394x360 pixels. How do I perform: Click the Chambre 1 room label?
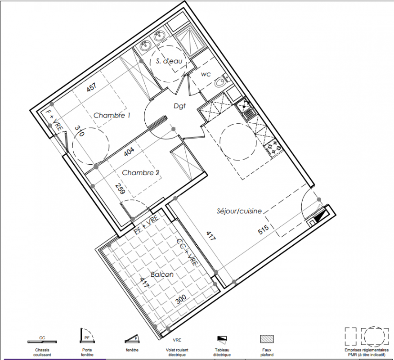point(112,115)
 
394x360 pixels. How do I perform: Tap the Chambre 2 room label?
point(140,173)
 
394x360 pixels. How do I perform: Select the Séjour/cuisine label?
point(239,211)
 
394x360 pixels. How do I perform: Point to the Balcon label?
point(162,274)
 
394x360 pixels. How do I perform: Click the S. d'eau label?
point(169,61)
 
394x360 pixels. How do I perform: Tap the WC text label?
point(206,74)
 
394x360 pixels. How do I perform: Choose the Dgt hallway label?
point(179,106)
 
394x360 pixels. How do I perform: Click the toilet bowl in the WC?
point(221,81)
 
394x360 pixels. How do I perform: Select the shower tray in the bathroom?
point(190,41)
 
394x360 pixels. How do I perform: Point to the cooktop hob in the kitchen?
point(273,148)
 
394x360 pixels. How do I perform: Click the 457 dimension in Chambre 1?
point(91,87)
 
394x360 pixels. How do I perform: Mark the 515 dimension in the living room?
point(263,229)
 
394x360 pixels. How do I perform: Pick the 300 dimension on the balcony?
point(181,299)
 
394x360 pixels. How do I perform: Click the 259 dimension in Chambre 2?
point(120,189)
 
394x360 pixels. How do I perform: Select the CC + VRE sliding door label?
point(187,252)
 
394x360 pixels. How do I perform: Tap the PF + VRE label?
point(146,224)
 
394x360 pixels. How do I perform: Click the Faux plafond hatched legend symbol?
point(267,339)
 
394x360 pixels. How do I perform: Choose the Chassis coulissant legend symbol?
point(42,342)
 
